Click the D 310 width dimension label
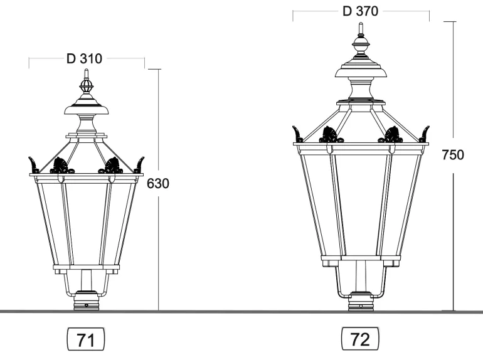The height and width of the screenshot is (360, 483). (84, 58)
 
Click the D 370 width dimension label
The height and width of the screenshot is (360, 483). (360, 11)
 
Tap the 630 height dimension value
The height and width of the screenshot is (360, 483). (157, 184)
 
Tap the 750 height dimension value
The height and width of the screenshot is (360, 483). (452, 155)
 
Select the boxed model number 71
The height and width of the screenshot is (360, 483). (86, 339)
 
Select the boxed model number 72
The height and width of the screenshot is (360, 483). (360, 339)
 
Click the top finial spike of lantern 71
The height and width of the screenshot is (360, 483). (87, 74)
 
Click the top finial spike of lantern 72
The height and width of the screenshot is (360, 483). (361, 28)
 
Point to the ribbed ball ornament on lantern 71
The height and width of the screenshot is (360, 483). (87, 86)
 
